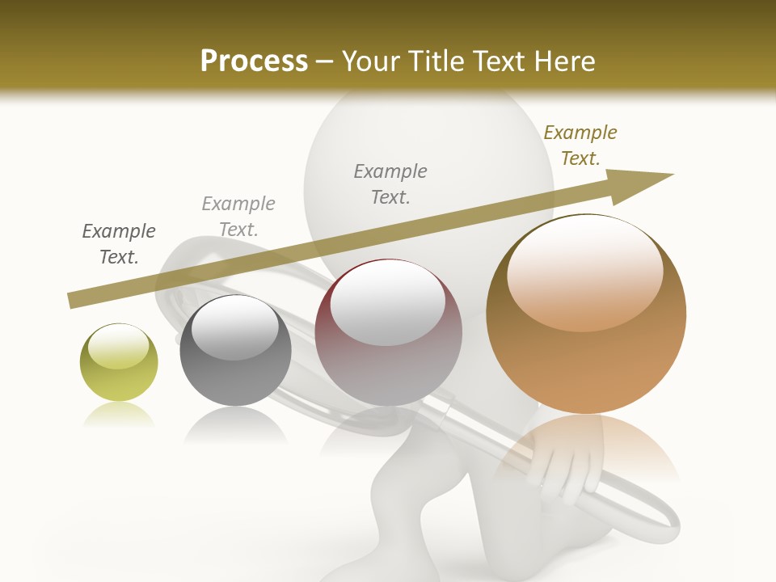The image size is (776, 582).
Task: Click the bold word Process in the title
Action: pos(254,61)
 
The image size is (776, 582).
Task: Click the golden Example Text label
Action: pos(580,145)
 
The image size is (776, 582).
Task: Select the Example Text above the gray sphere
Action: pos(238,217)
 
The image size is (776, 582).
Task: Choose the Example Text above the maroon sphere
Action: pos(390,184)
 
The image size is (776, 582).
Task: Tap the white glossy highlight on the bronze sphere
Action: pos(584,271)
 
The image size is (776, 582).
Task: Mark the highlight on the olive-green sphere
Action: pos(118,345)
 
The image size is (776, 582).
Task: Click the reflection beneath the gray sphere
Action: pos(235,424)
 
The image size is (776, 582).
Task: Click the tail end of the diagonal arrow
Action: pos(74,300)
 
